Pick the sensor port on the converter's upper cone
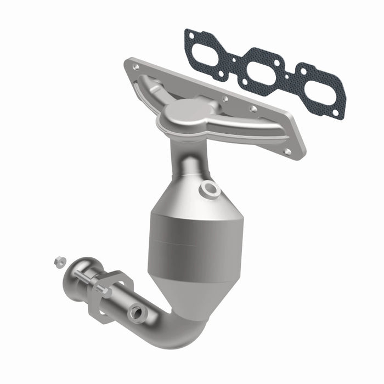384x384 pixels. click(210, 189)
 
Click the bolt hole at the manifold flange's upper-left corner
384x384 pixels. click(135, 67)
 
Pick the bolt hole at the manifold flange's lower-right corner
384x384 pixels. click(287, 151)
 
